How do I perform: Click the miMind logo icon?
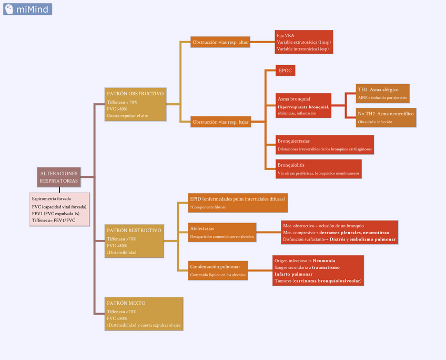(9, 9)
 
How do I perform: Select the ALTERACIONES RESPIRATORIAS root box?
(59, 177)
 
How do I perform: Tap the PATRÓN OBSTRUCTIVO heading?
(135, 93)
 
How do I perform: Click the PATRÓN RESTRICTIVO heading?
(134, 230)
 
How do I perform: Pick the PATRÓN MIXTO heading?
(126, 303)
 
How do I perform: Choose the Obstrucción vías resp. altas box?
(220, 42)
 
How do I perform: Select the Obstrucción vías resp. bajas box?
(220, 122)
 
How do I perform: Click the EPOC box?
(286, 70)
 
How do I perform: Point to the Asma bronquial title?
(294, 99)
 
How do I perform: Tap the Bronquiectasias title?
(293, 141)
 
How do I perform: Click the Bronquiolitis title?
(291, 165)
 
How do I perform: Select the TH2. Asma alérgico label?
(378, 89)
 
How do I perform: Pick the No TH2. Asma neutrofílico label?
(386, 114)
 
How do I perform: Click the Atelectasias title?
(202, 229)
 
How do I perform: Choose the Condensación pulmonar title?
(212, 267)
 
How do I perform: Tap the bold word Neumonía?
(325, 261)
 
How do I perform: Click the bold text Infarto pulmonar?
(293, 274)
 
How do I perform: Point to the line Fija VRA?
(286, 35)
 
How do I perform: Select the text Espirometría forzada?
(52, 199)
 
